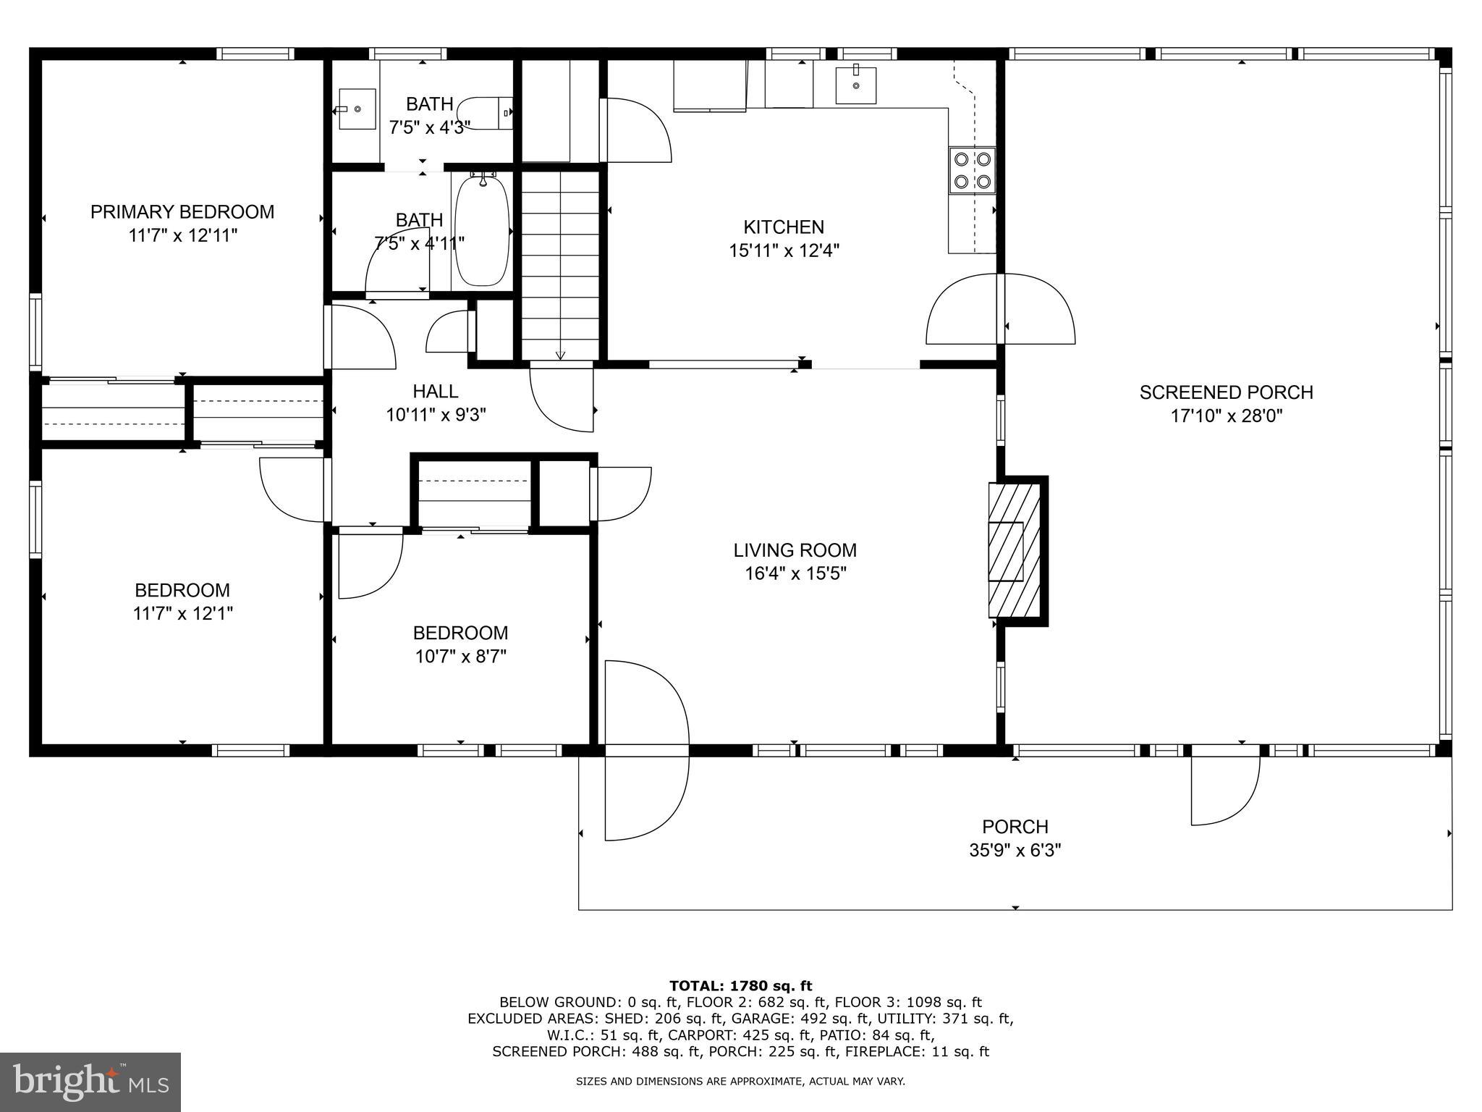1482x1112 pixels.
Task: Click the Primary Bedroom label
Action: click(x=182, y=212)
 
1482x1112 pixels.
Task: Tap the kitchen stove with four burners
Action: click(x=972, y=170)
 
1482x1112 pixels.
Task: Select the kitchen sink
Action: click(x=855, y=85)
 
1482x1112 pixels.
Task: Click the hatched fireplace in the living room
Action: click(x=1015, y=551)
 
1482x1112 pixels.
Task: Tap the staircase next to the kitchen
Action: click(x=561, y=264)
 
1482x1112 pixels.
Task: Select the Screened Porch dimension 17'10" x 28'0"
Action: click(x=1226, y=416)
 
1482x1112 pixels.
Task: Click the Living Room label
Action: click(x=795, y=550)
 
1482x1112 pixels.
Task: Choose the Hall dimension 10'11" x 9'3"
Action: click(x=436, y=415)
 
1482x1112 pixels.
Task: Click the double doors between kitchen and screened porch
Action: click(x=1001, y=309)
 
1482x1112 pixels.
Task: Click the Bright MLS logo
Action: click(x=90, y=1082)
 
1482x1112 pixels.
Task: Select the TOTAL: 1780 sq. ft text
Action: click(x=740, y=985)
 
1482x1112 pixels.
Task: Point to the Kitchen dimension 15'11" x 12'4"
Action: click(x=784, y=250)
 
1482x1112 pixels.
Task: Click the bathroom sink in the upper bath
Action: click(x=357, y=109)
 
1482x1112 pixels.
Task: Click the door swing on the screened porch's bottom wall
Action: click(x=1225, y=789)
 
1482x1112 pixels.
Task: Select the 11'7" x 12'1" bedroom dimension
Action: click(x=182, y=614)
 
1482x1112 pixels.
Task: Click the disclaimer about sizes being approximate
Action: click(x=740, y=1082)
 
